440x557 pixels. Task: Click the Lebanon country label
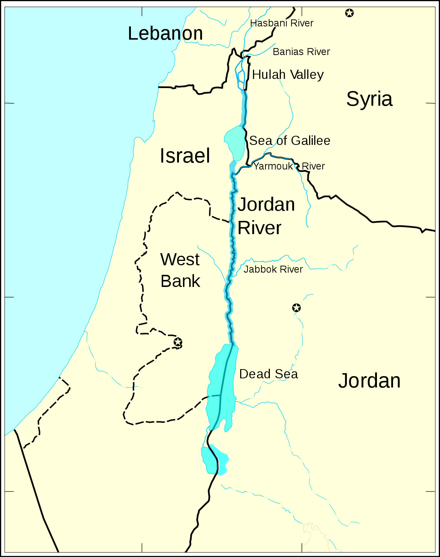(x=165, y=33)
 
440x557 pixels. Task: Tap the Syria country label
(x=369, y=99)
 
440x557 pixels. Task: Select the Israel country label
(x=185, y=156)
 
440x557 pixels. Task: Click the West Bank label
(x=180, y=270)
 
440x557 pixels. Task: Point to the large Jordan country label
(x=369, y=381)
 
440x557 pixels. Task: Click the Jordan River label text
(x=266, y=216)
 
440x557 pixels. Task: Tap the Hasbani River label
(x=282, y=23)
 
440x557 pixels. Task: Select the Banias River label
(x=301, y=52)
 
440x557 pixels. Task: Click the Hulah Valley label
(x=288, y=75)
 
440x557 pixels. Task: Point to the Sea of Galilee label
(x=290, y=141)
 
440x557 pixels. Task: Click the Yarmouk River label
(x=289, y=166)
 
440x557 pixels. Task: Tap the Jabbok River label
(x=273, y=269)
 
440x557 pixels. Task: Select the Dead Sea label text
(x=268, y=374)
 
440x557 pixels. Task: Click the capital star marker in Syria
(x=349, y=13)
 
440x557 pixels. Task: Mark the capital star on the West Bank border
(x=178, y=342)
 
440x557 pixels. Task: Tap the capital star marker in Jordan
(x=296, y=308)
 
